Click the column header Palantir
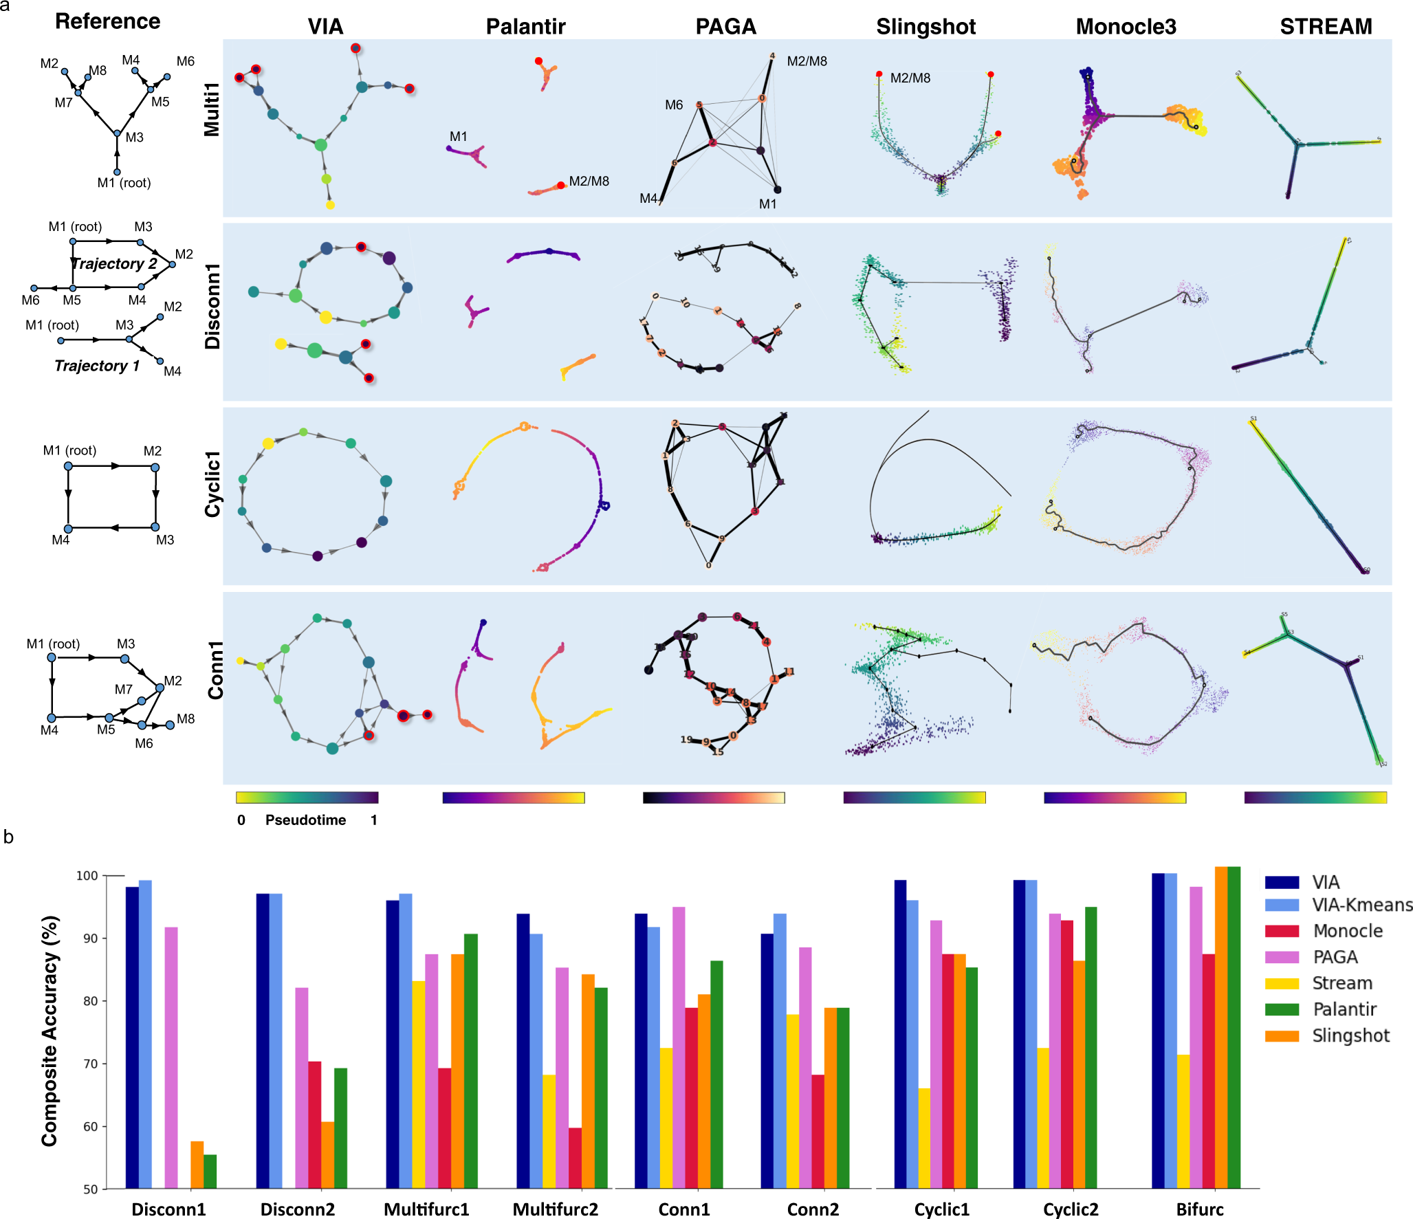click(525, 27)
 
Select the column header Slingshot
click(925, 27)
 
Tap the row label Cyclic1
click(213, 484)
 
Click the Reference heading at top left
click(107, 21)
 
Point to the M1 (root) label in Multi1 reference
click(124, 183)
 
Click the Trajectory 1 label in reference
click(97, 366)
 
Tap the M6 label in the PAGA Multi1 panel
click(673, 105)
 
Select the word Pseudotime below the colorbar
click(305, 820)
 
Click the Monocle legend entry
click(1347, 931)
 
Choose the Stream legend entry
click(1341, 983)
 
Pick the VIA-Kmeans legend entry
click(1361, 905)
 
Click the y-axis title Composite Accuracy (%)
click(50, 1031)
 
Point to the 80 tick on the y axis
click(91, 1001)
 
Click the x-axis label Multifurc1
click(426, 1209)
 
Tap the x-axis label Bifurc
click(1199, 1209)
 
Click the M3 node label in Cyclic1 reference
click(165, 540)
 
